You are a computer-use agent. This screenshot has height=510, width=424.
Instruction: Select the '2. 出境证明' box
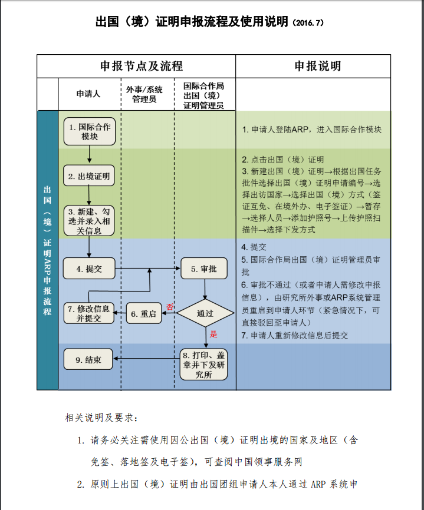click(x=88, y=175)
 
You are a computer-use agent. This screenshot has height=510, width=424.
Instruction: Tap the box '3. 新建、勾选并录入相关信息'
click(x=88, y=221)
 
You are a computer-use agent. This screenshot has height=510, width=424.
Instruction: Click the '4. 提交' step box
click(x=88, y=269)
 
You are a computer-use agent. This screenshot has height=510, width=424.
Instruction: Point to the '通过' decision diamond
click(x=204, y=313)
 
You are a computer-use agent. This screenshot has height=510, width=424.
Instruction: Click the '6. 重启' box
click(x=144, y=313)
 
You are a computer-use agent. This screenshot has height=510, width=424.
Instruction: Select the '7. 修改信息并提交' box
click(x=89, y=313)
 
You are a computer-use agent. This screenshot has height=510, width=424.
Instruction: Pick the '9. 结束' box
click(x=88, y=359)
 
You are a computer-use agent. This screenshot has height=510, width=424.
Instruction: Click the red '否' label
click(x=170, y=307)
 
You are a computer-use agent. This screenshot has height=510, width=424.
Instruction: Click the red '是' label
click(x=214, y=334)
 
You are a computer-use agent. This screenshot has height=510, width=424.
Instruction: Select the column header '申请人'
click(x=88, y=94)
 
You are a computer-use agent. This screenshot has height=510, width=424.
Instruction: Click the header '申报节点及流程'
click(x=136, y=66)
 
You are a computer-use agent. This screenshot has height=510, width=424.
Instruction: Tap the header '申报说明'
click(x=318, y=66)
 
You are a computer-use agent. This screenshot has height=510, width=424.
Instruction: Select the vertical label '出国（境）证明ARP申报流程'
click(x=48, y=250)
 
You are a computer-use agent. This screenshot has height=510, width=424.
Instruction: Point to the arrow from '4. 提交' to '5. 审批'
click(x=147, y=269)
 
